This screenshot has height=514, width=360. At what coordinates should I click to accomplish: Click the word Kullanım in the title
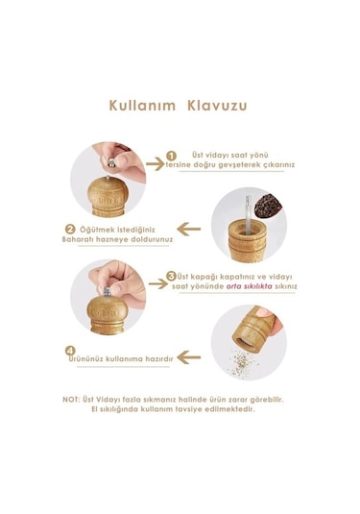(x=142, y=106)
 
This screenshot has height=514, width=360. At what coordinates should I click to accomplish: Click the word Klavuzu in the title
(x=217, y=106)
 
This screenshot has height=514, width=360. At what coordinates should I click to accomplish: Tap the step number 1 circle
(x=171, y=156)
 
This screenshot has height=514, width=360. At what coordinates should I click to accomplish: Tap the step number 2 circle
(x=70, y=229)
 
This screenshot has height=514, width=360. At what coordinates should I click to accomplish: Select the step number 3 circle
(x=171, y=276)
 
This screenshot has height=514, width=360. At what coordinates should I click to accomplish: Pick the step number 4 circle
(x=70, y=351)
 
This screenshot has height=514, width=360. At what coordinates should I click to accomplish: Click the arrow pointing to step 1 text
(x=155, y=163)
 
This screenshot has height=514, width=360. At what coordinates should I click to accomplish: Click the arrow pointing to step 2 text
(x=189, y=229)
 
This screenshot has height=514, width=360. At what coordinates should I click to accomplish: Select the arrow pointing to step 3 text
(x=158, y=283)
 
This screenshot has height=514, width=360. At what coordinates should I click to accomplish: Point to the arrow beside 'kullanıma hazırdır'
(x=189, y=357)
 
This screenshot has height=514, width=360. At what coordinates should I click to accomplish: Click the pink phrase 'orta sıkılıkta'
(x=250, y=286)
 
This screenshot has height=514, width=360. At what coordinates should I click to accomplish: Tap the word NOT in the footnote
(x=71, y=400)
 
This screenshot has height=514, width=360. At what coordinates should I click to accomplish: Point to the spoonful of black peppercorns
(x=268, y=206)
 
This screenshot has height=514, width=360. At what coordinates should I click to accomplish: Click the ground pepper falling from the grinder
(x=242, y=362)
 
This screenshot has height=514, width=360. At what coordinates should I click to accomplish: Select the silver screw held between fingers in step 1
(x=112, y=162)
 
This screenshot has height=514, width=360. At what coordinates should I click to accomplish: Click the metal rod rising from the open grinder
(x=248, y=214)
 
